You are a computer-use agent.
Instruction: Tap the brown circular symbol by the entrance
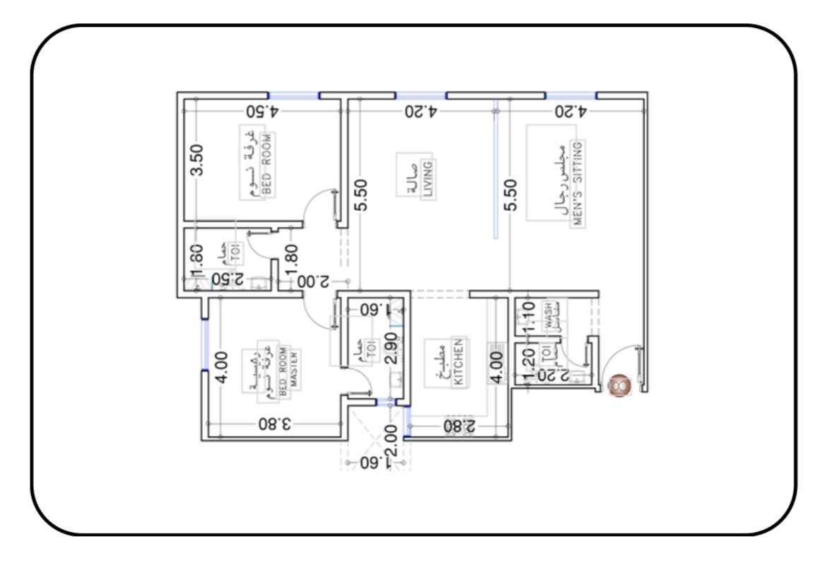(620, 385)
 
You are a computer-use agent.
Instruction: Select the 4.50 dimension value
(263, 111)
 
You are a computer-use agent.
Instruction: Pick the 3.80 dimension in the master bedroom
(274, 424)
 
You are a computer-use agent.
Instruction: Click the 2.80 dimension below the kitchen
(460, 426)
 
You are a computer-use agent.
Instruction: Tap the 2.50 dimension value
(228, 279)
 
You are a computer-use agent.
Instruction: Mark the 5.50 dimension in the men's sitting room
(511, 195)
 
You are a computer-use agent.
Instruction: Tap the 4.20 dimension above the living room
(421, 111)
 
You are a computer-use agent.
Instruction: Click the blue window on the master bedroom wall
(204, 344)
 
